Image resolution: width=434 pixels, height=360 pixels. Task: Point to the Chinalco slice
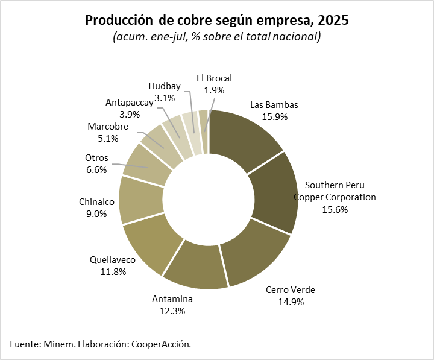140,199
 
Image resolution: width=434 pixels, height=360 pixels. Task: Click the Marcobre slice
159,145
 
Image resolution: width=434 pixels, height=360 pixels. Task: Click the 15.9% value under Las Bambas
274,116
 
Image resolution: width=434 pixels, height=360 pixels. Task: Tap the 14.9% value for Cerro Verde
291,302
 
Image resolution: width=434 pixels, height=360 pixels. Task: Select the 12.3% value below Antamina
172,311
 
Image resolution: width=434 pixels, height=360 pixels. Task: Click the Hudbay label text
165,86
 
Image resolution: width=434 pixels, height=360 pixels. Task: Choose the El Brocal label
214,78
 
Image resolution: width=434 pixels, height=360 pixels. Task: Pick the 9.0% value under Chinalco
93,213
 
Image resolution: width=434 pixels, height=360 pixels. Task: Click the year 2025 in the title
333,20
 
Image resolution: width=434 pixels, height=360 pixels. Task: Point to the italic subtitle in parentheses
216,37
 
